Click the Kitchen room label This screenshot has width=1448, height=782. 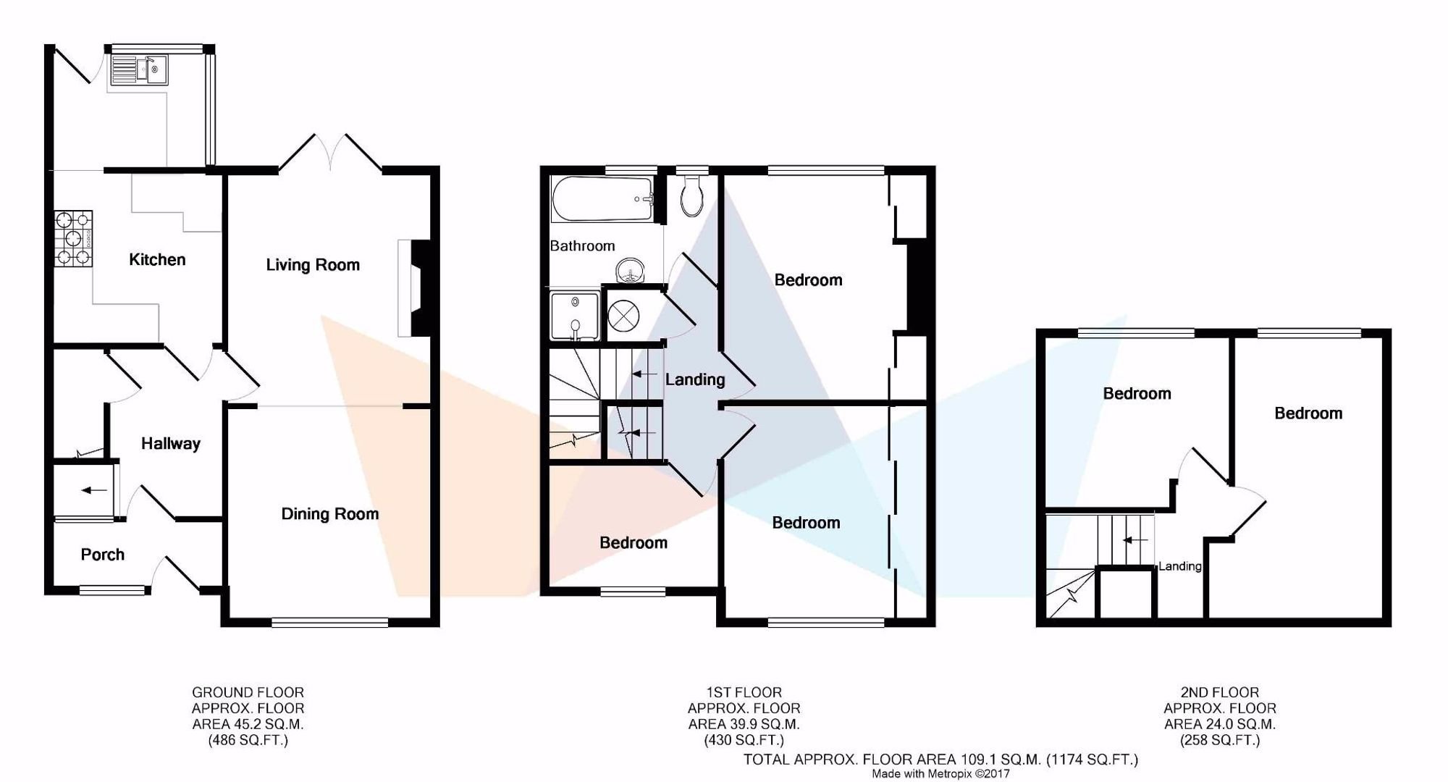[x=157, y=259]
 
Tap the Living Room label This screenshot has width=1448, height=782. [x=313, y=265]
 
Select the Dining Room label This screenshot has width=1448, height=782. [x=330, y=514]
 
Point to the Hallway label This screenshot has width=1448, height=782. [x=170, y=444]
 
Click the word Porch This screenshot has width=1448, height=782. [x=103, y=555]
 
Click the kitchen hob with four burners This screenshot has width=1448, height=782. [x=73, y=237]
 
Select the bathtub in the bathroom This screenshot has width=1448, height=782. [x=602, y=198]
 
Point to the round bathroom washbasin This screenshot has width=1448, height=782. [x=632, y=272]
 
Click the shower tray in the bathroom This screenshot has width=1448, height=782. [x=576, y=316]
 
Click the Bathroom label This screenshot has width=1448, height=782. [x=582, y=246]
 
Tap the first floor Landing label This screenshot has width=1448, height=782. [x=695, y=379]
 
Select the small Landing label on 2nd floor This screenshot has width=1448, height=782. [x=1180, y=566]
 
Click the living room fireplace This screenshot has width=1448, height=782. [x=413, y=289]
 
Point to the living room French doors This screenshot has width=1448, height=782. [x=331, y=152]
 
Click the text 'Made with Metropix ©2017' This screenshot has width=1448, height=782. [x=940, y=774]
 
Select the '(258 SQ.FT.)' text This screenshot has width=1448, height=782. [x=1220, y=740]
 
